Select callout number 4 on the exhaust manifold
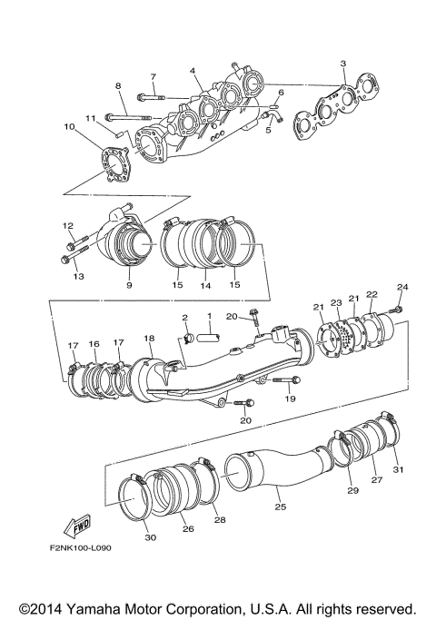click(193, 71)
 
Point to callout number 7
click(153, 77)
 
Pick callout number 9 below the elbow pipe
click(129, 285)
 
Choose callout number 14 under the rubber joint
click(205, 285)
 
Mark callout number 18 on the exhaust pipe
click(150, 338)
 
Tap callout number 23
click(334, 303)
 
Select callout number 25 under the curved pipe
click(280, 505)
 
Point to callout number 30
click(151, 537)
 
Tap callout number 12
click(68, 226)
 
